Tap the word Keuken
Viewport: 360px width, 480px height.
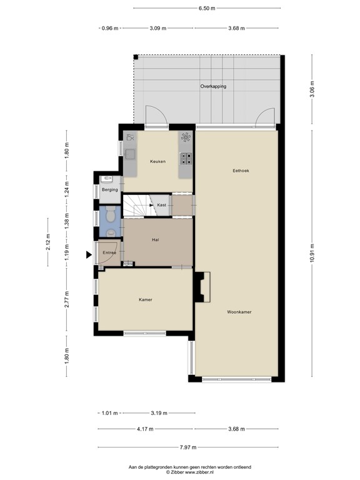coord(157,161)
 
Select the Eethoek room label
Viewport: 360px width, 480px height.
coord(241,170)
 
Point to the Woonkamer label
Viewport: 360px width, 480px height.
coord(239,311)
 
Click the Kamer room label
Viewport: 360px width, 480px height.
coord(146,299)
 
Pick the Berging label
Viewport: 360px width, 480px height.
coord(110,189)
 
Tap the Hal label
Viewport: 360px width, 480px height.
coord(156,239)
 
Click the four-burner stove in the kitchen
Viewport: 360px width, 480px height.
coord(186,157)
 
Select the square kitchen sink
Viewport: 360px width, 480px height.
coord(130,152)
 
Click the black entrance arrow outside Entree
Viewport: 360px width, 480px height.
coord(89,254)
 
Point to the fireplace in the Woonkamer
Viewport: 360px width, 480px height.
coord(202,287)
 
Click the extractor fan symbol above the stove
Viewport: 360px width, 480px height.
coord(186,137)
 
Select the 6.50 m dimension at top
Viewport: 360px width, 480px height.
coord(206,9)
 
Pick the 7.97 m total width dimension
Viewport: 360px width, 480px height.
coord(187,447)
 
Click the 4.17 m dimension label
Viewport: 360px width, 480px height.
coord(146,429)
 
